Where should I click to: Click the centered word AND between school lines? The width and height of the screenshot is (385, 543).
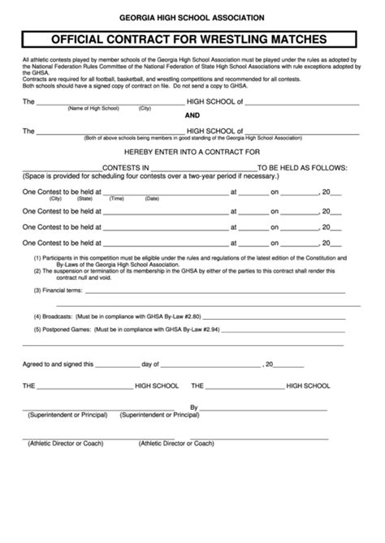pos(192,115)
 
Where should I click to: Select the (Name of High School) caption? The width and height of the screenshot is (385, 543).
pos(93,108)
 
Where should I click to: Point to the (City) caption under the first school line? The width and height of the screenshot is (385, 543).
pos(145,108)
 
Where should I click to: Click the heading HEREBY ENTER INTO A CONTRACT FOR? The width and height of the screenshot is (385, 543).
pos(192,153)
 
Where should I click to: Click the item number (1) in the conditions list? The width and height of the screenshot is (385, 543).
pos(37,256)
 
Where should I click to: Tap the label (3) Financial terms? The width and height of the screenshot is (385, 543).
pos(58,289)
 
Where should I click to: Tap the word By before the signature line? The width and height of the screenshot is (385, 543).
pos(194,407)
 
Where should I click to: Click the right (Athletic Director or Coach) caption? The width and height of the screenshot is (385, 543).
pos(176,443)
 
